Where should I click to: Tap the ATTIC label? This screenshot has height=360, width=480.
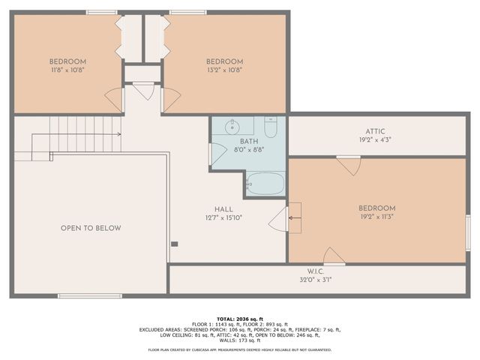[375, 129]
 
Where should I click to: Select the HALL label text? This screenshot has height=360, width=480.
[223, 209]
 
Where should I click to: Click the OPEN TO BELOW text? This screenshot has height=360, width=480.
[91, 228]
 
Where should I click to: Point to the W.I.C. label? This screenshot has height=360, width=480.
[314, 271]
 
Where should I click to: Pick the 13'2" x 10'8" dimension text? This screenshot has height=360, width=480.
[224, 70]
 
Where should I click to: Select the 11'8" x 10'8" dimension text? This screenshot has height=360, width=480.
[67, 70]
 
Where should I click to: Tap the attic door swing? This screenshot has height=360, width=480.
[349, 165]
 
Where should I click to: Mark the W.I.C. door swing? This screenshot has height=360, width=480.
[333, 256]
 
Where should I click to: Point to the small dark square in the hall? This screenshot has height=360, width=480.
[174, 243]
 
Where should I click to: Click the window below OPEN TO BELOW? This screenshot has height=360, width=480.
[89, 295]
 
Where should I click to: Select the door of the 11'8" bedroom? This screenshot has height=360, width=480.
[114, 98]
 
